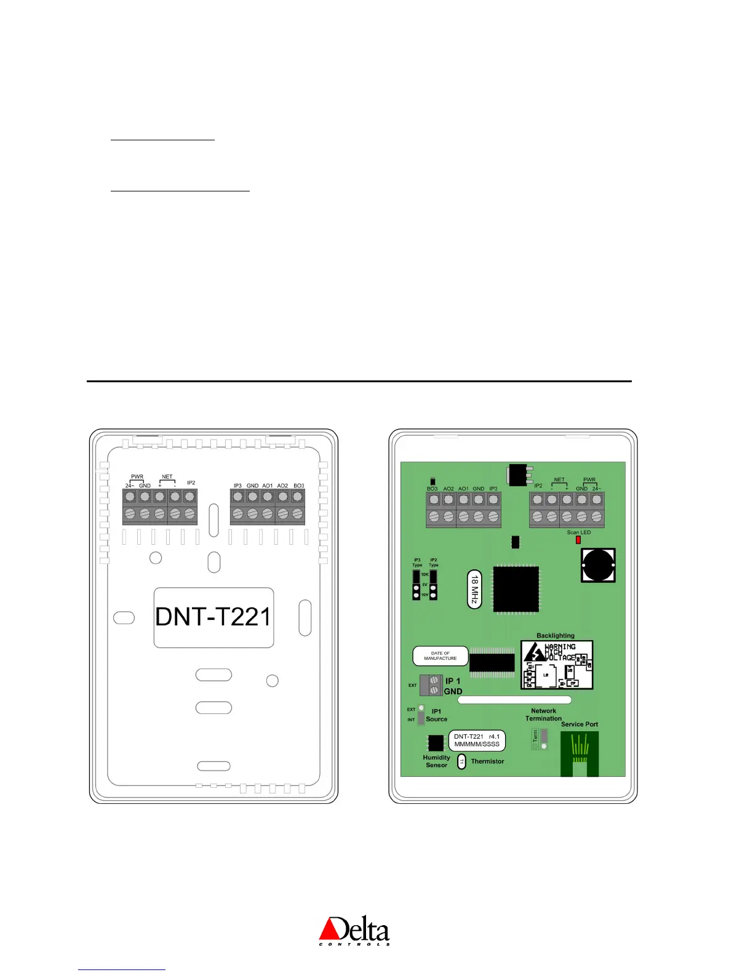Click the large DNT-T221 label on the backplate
tap(213, 617)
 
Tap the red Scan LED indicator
tap(578, 540)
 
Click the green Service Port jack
tap(579, 753)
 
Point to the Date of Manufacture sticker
tap(440, 656)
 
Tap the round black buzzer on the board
tap(598, 564)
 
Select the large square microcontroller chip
tap(516, 589)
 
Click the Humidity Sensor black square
tap(436, 743)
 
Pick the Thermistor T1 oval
tap(462, 762)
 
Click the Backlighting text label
tap(555, 636)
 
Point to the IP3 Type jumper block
tap(416, 585)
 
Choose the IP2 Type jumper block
tap(433, 585)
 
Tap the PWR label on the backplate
tap(137, 476)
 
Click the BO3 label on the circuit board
tap(432, 489)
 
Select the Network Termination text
tap(543, 715)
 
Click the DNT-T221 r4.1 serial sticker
tap(477, 740)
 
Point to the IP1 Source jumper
tap(421, 715)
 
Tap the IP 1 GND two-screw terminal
tap(434, 686)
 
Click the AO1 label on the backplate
tap(268, 486)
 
